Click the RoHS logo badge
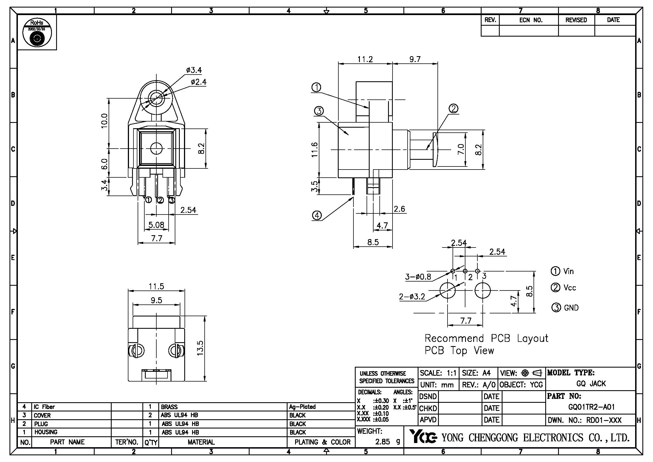[37, 32]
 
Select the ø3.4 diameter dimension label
[194, 70]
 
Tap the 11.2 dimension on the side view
[365, 59]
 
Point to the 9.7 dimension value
[415, 59]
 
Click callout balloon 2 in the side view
[453, 109]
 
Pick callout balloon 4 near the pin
[317, 215]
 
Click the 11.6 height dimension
[315, 150]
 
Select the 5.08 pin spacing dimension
[156, 225]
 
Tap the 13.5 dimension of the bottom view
[200, 348]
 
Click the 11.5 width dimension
[156, 287]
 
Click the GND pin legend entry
[565, 308]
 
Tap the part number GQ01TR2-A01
[591, 407]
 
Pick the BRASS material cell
[169, 407]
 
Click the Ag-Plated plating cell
[302, 407]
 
